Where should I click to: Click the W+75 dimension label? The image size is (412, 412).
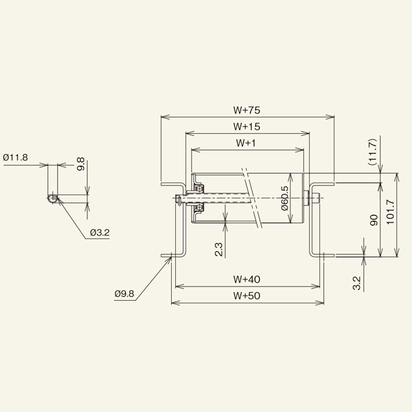pos(246,109)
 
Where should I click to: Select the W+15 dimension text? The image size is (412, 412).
pos(246,126)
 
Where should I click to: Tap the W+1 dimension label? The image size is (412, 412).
pos(246,143)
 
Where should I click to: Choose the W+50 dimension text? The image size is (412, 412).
pos(246,295)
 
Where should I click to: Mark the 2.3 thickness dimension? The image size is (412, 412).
pos(218,248)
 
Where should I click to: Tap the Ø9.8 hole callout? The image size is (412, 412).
pos(125,294)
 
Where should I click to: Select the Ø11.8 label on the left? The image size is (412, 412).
pos(15,157)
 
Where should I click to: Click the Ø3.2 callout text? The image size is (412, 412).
pos(100,233)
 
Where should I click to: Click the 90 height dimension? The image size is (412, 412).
pos(374,220)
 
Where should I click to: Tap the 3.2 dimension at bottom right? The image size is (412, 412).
pos(355,282)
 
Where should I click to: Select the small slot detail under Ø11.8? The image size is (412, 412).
pos(51,199)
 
